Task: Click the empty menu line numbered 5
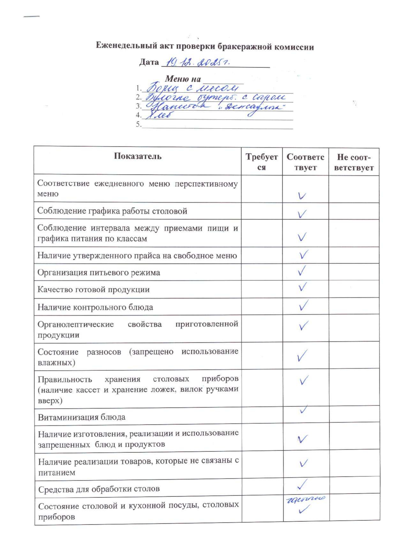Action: tap(217, 125)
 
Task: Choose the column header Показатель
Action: tap(138, 156)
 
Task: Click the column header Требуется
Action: tap(262, 162)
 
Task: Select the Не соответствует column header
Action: tap(354, 162)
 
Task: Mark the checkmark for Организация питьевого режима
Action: tap(302, 271)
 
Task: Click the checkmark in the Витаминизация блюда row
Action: tap(304, 409)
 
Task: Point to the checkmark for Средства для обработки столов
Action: tap(302, 484)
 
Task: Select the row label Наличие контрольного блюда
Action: tap(95, 307)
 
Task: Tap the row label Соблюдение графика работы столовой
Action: tap(112, 211)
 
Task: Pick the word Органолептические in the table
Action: tap(75, 325)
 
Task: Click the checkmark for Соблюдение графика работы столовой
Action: tap(302, 214)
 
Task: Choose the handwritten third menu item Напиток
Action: tap(179, 106)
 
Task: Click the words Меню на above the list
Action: tap(183, 79)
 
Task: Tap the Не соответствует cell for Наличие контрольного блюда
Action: tap(354, 307)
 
